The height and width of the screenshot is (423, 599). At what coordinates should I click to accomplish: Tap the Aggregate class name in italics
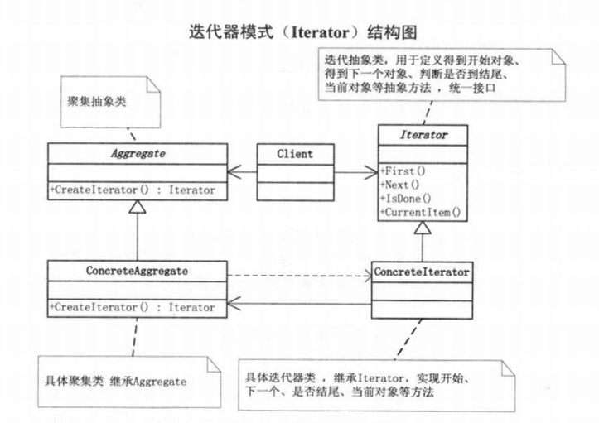(133, 154)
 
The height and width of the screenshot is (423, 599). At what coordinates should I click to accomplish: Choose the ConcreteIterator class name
(423, 271)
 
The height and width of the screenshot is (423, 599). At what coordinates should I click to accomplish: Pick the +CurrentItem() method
(420, 213)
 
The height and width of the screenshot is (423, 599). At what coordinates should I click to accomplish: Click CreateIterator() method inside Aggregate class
(133, 190)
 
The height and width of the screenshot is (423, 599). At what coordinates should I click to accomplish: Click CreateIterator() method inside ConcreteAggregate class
(133, 306)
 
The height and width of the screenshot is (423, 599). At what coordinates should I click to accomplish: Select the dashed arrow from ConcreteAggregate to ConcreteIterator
(298, 276)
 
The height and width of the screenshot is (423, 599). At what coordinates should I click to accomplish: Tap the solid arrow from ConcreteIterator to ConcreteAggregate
(298, 303)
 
